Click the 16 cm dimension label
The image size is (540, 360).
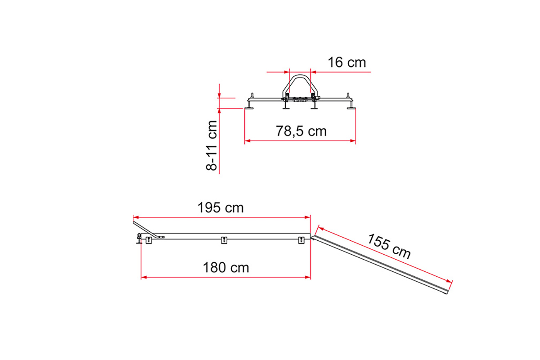click(346, 63)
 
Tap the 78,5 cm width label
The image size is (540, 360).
click(301, 131)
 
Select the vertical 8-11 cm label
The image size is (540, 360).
click(211, 145)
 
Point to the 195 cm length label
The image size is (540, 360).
click(220, 207)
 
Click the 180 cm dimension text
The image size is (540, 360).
click(226, 268)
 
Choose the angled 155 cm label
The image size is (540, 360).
click(389, 247)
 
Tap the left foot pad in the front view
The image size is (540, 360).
click(249, 108)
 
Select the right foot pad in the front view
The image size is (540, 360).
click(351, 108)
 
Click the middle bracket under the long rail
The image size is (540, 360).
click(224, 240)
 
